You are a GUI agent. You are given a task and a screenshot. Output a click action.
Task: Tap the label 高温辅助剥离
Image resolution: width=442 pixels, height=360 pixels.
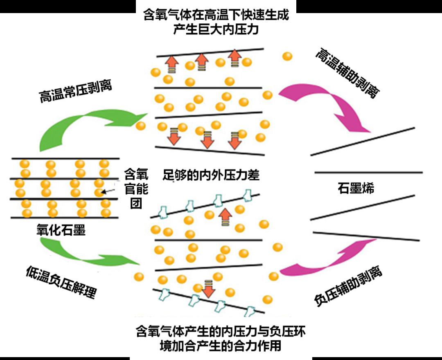pos(346,74)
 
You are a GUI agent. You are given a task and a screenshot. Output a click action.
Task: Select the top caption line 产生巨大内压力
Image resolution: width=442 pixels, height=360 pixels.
pos(216,30)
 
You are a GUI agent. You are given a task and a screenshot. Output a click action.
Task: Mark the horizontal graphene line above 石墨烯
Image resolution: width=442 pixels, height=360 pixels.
pos(368,172)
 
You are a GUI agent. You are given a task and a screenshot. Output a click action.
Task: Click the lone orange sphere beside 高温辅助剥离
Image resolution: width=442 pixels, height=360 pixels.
pos(288,56)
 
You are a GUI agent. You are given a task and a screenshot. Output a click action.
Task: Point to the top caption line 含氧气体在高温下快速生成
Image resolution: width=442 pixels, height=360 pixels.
pos(216,16)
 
